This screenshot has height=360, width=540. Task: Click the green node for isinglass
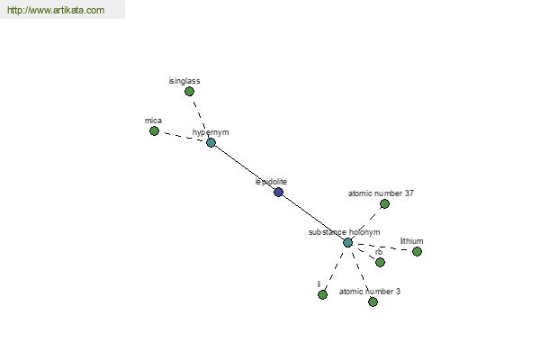(x=189, y=91)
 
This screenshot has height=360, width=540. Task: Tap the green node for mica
(x=154, y=130)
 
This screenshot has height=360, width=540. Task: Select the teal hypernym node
(x=211, y=142)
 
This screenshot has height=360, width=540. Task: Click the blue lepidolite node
(x=279, y=193)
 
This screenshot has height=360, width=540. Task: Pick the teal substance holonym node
(x=347, y=242)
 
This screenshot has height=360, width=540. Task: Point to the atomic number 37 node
(x=384, y=204)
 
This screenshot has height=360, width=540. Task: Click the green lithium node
(x=417, y=251)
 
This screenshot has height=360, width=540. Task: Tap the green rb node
(x=380, y=263)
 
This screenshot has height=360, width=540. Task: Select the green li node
(x=322, y=295)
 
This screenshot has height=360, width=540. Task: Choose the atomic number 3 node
(x=373, y=302)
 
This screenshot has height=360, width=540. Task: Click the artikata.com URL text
(x=56, y=10)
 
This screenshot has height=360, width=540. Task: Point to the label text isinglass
(x=184, y=81)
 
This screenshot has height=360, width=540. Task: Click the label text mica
(x=153, y=121)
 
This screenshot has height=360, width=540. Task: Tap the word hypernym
(x=211, y=132)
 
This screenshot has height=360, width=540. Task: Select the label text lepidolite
(x=271, y=182)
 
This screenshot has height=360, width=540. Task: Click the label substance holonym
(x=345, y=232)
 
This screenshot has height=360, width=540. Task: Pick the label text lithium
(x=411, y=241)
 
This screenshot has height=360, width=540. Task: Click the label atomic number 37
(x=381, y=193)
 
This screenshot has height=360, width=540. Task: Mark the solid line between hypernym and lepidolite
(x=245, y=167)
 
